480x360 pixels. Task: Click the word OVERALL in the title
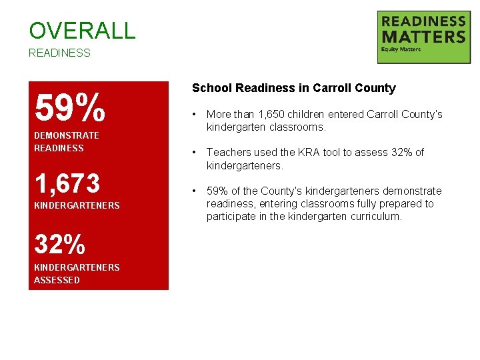[82, 30]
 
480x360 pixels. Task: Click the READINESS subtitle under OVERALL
[59, 53]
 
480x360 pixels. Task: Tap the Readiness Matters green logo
[423, 37]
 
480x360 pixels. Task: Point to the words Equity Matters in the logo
[401, 50]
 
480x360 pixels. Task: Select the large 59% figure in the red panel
[69, 107]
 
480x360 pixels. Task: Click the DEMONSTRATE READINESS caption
[66, 141]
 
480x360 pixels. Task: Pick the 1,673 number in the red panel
[67, 183]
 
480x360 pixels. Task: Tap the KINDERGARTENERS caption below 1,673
[77, 205]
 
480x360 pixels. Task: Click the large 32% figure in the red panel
[60, 245]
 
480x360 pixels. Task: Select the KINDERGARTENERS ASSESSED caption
[77, 273]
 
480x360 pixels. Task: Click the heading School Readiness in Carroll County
[293, 88]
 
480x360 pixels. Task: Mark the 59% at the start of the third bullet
[217, 191]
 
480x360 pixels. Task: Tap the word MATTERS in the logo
[423, 36]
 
